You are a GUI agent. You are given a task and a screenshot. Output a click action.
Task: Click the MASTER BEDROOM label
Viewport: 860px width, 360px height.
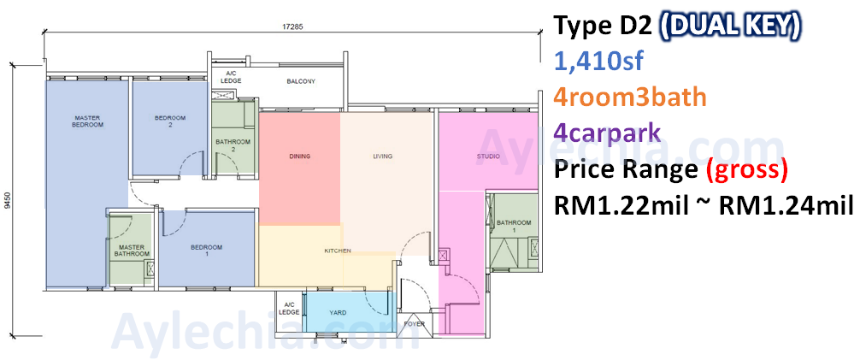click(x=88, y=121)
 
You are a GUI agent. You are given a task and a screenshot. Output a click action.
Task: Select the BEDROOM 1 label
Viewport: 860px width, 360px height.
click(x=206, y=251)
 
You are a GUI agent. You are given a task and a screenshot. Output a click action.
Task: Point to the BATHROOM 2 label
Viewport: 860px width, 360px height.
click(x=233, y=145)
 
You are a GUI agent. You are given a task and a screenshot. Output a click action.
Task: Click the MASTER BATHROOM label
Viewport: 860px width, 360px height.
click(x=132, y=251)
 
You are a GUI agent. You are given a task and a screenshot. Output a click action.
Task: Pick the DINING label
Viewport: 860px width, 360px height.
click(x=299, y=156)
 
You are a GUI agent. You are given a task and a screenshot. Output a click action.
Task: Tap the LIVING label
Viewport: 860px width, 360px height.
click(x=382, y=156)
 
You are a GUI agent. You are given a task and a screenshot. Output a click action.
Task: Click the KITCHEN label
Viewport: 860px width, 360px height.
click(x=338, y=251)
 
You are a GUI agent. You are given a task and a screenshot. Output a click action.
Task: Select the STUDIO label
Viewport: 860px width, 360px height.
click(x=487, y=156)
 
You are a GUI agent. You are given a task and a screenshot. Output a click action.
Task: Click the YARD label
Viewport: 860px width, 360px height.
click(x=338, y=312)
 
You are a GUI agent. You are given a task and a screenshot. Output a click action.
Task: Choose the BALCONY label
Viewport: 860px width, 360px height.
click(x=301, y=82)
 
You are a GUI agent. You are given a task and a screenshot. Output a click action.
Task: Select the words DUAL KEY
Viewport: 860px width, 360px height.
click(x=730, y=26)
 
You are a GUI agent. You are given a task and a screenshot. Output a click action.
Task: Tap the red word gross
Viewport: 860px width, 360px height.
click(x=745, y=171)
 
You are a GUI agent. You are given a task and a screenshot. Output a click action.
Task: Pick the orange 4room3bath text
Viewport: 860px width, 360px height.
click(x=630, y=97)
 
